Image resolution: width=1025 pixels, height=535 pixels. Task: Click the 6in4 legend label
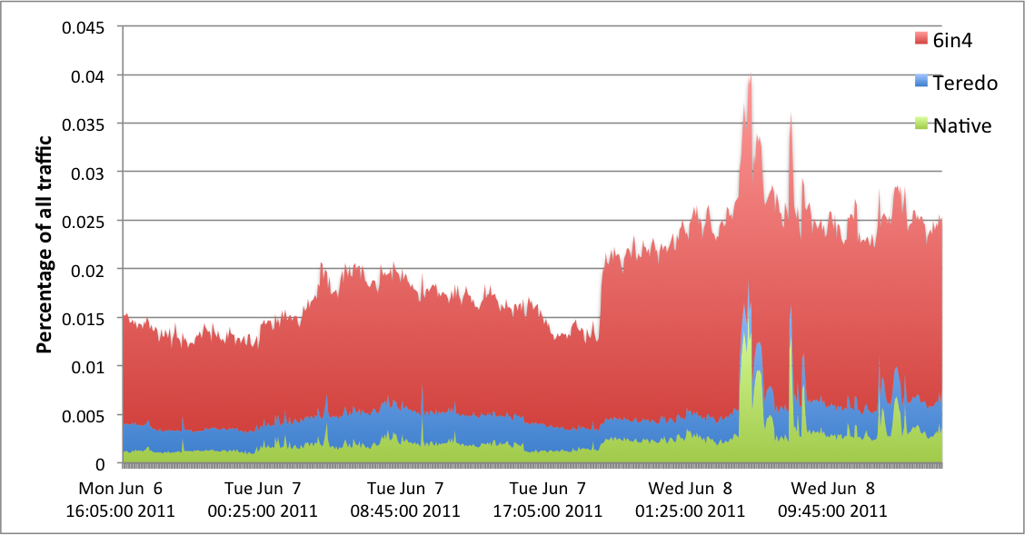pos(952,39)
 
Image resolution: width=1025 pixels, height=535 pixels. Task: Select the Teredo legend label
pos(966,83)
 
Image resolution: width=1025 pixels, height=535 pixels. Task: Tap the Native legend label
pos(962,125)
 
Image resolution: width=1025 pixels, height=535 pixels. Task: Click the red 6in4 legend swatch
pos(921,39)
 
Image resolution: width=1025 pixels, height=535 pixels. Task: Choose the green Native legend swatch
pos(921,123)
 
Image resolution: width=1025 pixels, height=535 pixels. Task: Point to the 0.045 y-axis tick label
pos(84,26)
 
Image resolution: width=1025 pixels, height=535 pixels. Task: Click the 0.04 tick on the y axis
pos(88,75)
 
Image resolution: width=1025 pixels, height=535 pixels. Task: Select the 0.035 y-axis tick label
pos(84,124)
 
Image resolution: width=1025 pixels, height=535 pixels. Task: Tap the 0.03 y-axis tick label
pos(88,173)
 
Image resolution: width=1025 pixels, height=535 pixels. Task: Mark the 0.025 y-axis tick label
pos(84,221)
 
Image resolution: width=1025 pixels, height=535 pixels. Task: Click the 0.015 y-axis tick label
pos(84,318)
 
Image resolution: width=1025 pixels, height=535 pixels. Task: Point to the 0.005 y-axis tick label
pos(84,415)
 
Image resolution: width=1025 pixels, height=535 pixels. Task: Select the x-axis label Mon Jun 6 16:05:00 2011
pos(121,499)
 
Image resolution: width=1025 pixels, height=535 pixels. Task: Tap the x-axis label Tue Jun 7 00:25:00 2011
pos(263,499)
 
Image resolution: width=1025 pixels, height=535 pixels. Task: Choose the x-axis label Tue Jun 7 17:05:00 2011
pos(548,499)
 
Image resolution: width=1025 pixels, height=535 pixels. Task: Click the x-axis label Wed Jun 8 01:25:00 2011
pos(691,499)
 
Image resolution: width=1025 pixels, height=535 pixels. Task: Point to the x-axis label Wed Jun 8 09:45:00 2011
pos(832,499)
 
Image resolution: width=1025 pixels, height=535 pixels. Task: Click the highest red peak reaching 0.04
pos(750,78)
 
